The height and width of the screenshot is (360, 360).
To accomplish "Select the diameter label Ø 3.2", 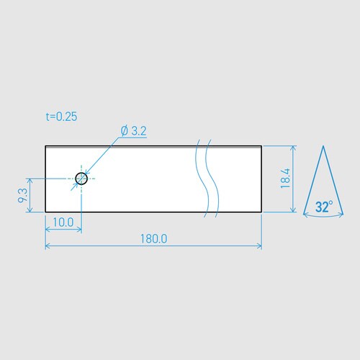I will click(134, 131).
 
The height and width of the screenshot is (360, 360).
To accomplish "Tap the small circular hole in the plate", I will click(81, 178).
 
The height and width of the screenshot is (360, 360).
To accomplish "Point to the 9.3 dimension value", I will click(24, 195).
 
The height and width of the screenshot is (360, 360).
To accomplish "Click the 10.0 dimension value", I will click(63, 222).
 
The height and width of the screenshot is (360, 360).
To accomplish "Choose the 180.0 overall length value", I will click(153, 238).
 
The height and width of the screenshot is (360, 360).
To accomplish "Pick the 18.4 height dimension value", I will click(285, 179).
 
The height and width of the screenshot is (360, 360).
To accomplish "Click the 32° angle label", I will click(323, 207).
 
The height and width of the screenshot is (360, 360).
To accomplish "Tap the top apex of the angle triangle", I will click(323, 147).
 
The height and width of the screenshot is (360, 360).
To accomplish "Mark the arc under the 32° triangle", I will click(323, 217).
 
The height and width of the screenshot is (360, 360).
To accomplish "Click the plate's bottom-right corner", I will click(261, 212).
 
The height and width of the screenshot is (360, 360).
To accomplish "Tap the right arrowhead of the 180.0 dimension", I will click(259, 246).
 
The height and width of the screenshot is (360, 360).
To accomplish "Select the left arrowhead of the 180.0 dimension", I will click(48, 246).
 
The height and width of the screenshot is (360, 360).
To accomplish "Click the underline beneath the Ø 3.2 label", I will click(134, 138).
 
